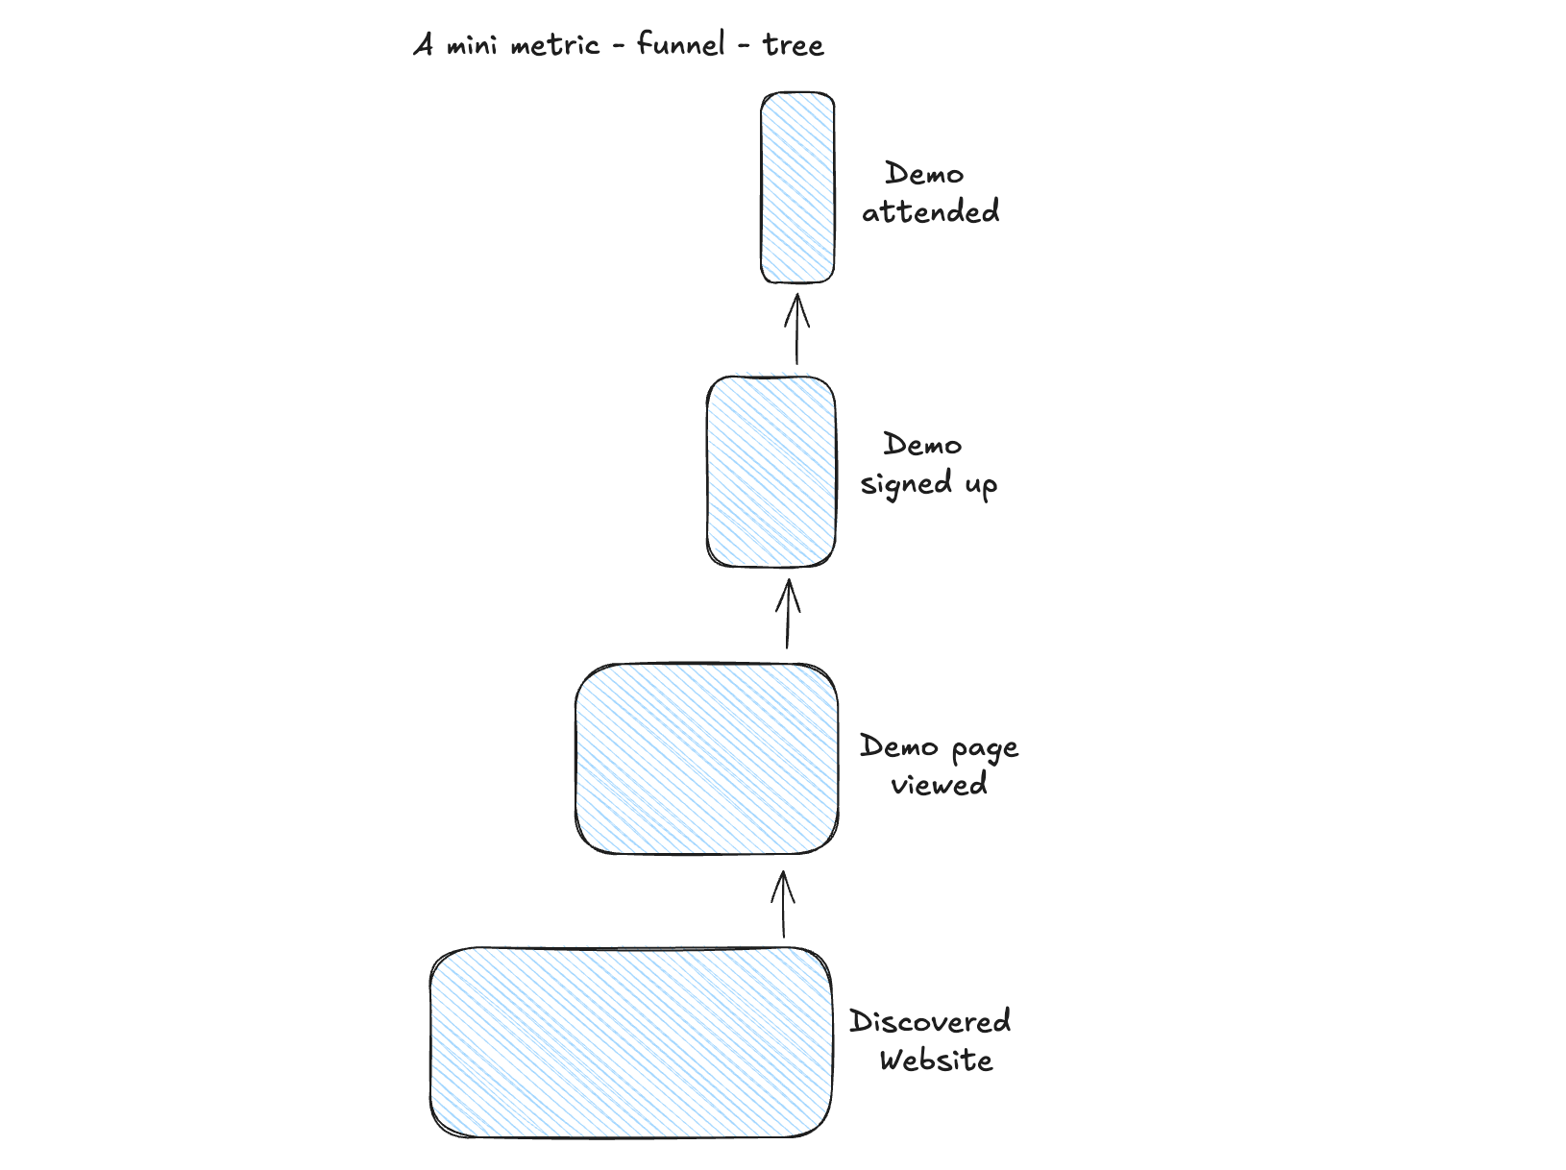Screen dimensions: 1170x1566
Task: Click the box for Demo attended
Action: point(797,188)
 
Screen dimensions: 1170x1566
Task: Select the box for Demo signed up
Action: point(771,471)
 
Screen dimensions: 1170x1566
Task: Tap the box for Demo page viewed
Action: point(706,759)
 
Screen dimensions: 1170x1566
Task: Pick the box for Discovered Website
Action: point(631,1042)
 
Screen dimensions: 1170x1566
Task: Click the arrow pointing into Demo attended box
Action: point(796,329)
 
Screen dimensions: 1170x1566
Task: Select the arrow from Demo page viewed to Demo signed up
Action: point(788,614)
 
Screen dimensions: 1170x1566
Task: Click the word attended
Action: point(930,211)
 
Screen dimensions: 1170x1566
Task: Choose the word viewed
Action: point(939,784)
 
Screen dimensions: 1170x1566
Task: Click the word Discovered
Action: point(930,1021)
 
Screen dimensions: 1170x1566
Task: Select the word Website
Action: point(936,1060)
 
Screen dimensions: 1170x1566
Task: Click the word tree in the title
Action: point(794,45)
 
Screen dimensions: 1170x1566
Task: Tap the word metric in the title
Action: point(554,45)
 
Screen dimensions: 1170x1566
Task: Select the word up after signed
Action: point(981,485)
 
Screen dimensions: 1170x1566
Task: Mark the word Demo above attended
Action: point(924,174)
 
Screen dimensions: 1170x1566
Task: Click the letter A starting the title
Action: point(423,45)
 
